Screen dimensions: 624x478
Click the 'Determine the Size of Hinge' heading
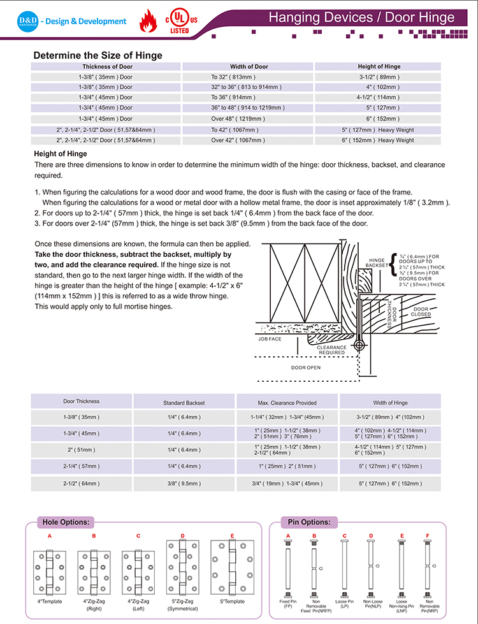click(x=98, y=55)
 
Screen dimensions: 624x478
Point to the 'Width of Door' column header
click(x=249, y=66)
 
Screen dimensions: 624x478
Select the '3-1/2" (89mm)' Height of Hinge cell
click(x=377, y=76)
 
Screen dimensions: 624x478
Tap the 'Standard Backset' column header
click(x=184, y=403)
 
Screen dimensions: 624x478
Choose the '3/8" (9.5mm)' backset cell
click(x=184, y=483)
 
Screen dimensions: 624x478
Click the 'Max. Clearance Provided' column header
click(x=287, y=403)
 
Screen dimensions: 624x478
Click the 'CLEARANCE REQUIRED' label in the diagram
click(x=331, y=350)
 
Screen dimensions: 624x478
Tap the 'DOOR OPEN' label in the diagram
click(x=306, y=368)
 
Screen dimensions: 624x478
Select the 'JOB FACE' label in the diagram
click(x=270, y=339)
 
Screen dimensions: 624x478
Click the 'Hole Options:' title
click(x=66, y=522)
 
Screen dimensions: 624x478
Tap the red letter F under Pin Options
click(x=428, y=535)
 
